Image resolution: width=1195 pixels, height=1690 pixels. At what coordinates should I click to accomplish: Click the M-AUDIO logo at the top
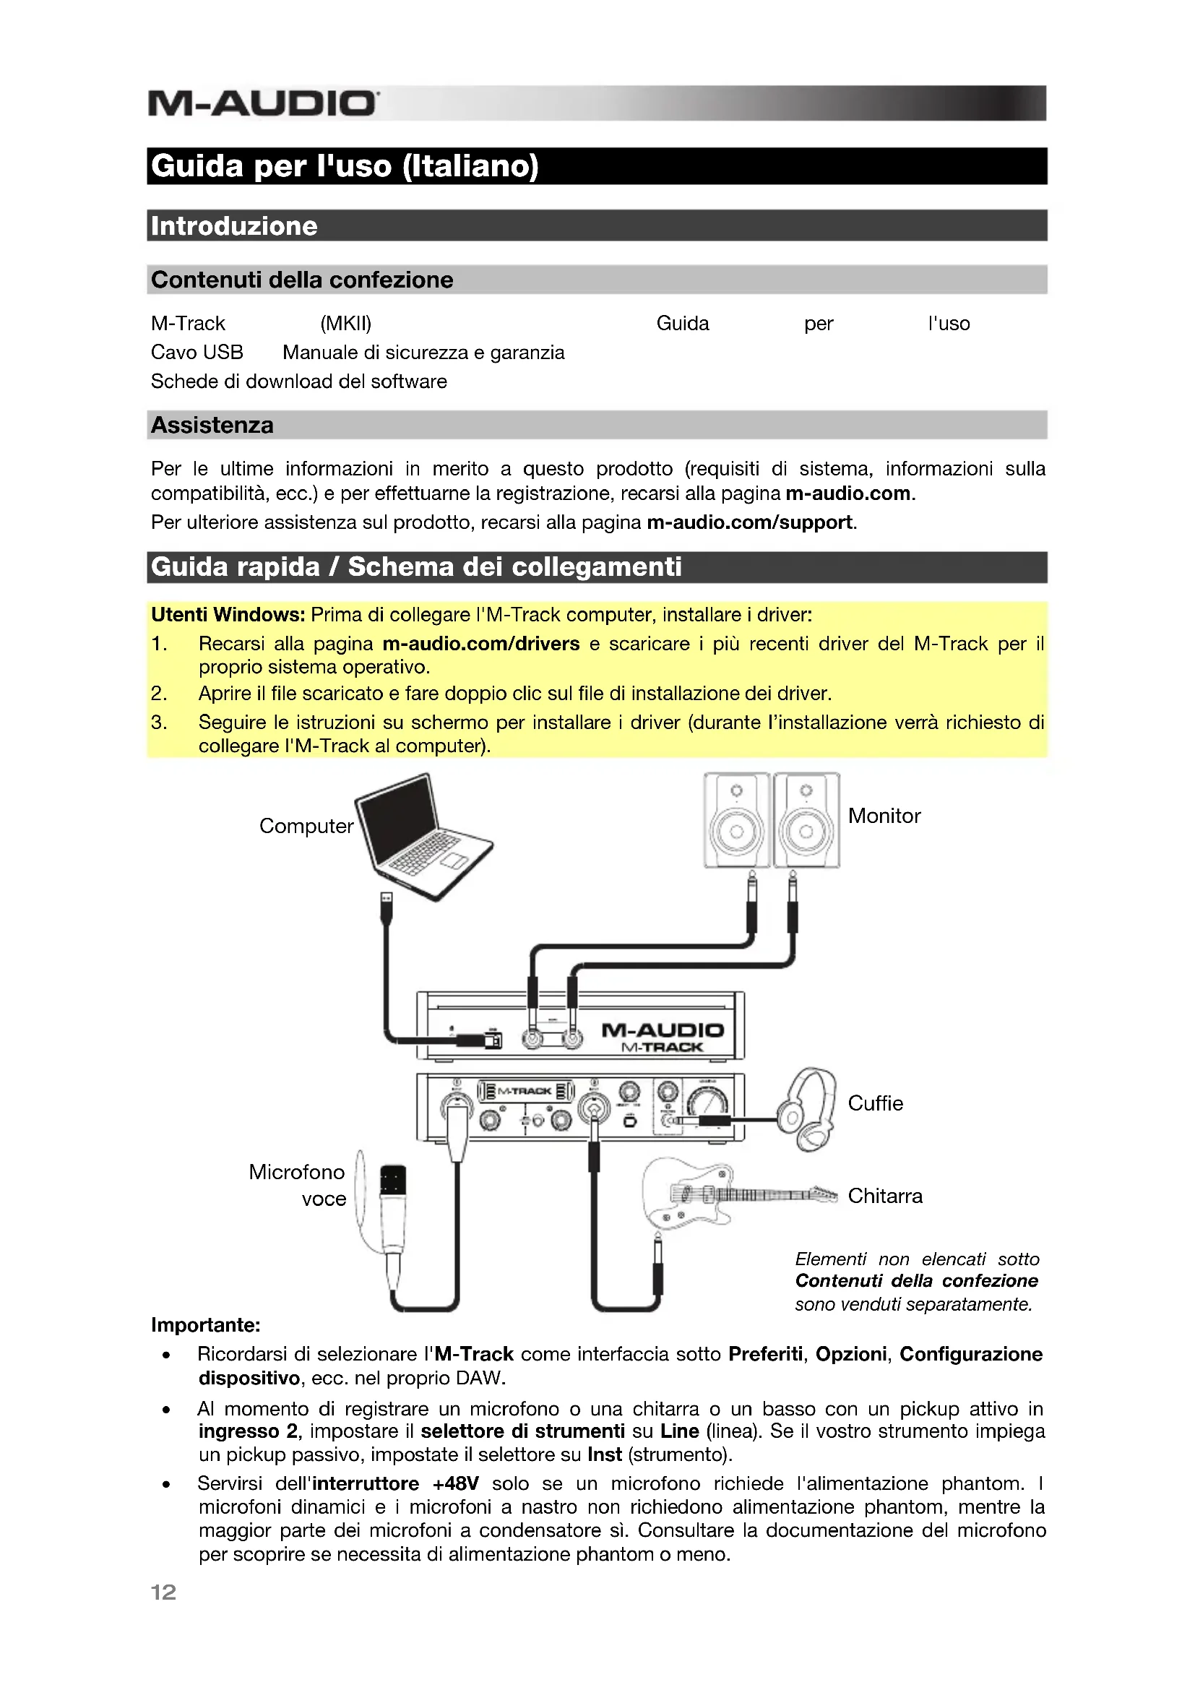pos(264,103)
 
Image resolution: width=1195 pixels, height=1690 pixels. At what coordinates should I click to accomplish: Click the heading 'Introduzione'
pos(234,226)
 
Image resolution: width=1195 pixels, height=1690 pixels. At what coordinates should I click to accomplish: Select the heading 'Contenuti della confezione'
pos(302,280)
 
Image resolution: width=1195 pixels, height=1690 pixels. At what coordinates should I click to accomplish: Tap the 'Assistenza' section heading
pos(212,425)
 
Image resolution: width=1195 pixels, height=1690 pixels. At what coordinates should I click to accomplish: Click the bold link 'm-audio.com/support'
pos(749,522)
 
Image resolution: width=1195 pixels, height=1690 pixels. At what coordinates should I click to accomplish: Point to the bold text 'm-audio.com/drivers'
pos(480,643)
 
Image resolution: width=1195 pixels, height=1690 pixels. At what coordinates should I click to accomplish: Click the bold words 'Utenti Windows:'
pos(228,615)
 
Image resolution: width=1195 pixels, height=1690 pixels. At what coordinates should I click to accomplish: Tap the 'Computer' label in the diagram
pos(306,826)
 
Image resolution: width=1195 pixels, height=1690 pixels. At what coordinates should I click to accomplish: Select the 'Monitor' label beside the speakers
pos(884,816)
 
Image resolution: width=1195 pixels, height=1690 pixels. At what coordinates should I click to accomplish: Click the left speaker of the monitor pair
pos(735,820)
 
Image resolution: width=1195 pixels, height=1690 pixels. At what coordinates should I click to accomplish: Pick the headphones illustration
pos(808,1108)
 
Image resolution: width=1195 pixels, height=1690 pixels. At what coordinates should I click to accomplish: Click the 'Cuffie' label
pos(875,1103)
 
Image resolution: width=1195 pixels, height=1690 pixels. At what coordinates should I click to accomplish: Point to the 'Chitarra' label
pos(884,1196)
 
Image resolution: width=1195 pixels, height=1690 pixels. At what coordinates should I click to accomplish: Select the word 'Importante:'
pos(205,1325)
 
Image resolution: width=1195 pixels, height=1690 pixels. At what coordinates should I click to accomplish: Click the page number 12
pos(163,1592)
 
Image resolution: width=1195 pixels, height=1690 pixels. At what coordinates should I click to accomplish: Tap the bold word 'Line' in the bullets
pos(679,1431)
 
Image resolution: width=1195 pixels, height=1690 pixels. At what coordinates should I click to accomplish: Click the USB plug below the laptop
pos(387,906)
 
